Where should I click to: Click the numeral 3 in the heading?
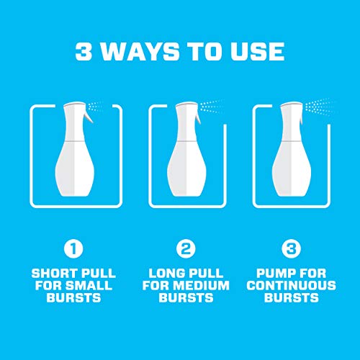pos(85,52)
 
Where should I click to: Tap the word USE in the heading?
pos(256,52)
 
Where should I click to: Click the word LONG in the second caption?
pos(166,274)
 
